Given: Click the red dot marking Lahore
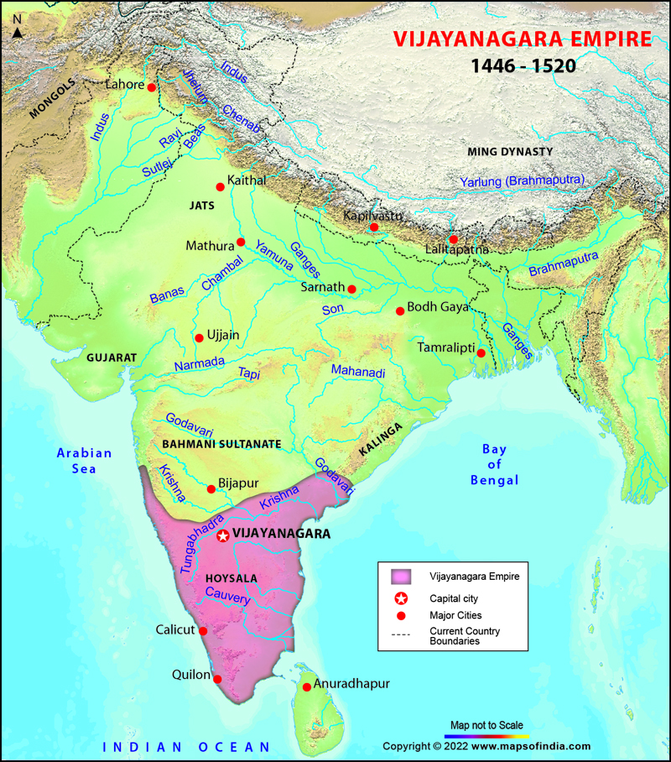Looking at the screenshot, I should click(x=151, y=87).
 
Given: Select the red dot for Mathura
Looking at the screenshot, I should click(x=241, y=242).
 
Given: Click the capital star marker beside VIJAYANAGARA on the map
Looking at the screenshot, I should click(x=222, y=535).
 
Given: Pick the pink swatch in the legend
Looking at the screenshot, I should click(x=402, y=577).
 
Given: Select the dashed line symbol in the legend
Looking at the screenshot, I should click(x=402, y=635).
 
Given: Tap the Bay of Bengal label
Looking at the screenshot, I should click(x=494, y=465).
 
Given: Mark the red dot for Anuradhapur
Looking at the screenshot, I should click(x=307, y=686).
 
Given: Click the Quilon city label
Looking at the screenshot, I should click(x=192, y=673).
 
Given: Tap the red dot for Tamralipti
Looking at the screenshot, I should click(x=481, y=353).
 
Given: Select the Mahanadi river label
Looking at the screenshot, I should click(x=357, y=371).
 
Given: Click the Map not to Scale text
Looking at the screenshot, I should click(x=486, y=725).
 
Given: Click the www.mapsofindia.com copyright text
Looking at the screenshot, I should click(x=486, y=746).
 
